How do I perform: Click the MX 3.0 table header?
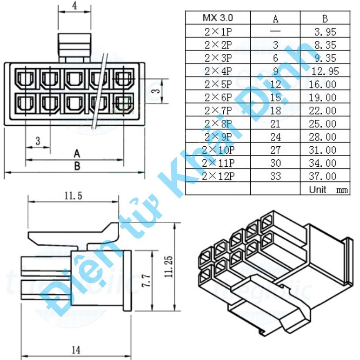click(218, 18)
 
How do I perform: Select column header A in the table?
click(275, 18)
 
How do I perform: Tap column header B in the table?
click(325, 18)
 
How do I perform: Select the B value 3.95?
click(326, 31)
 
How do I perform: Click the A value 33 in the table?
click(275, 176)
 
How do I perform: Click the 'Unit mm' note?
click(328, 190)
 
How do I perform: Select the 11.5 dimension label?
click(73, 196)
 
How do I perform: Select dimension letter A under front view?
click(77, 153)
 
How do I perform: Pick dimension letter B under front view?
click(77, 166)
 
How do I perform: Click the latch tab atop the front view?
click(75, 46)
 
